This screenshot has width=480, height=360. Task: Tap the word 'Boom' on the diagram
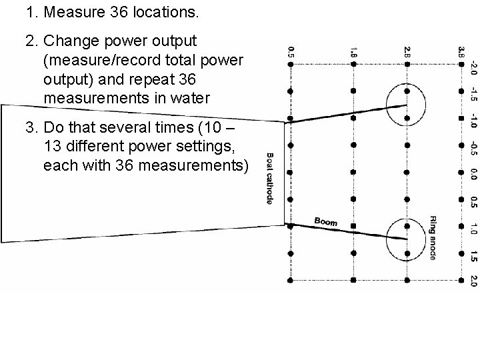tap(325, 221)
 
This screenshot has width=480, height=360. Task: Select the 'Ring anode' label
tap(433, 238)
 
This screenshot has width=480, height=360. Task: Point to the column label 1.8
tap(353, 51)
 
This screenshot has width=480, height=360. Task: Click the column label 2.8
tap(407, 51)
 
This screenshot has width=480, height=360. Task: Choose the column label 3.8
tap(461, 51)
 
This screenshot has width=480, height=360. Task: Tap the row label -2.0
tap(473, 67)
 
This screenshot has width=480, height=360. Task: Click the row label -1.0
tap(473, 120)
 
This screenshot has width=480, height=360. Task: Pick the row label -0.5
tap(473, 148)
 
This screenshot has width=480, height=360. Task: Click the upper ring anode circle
tap(407, 105)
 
